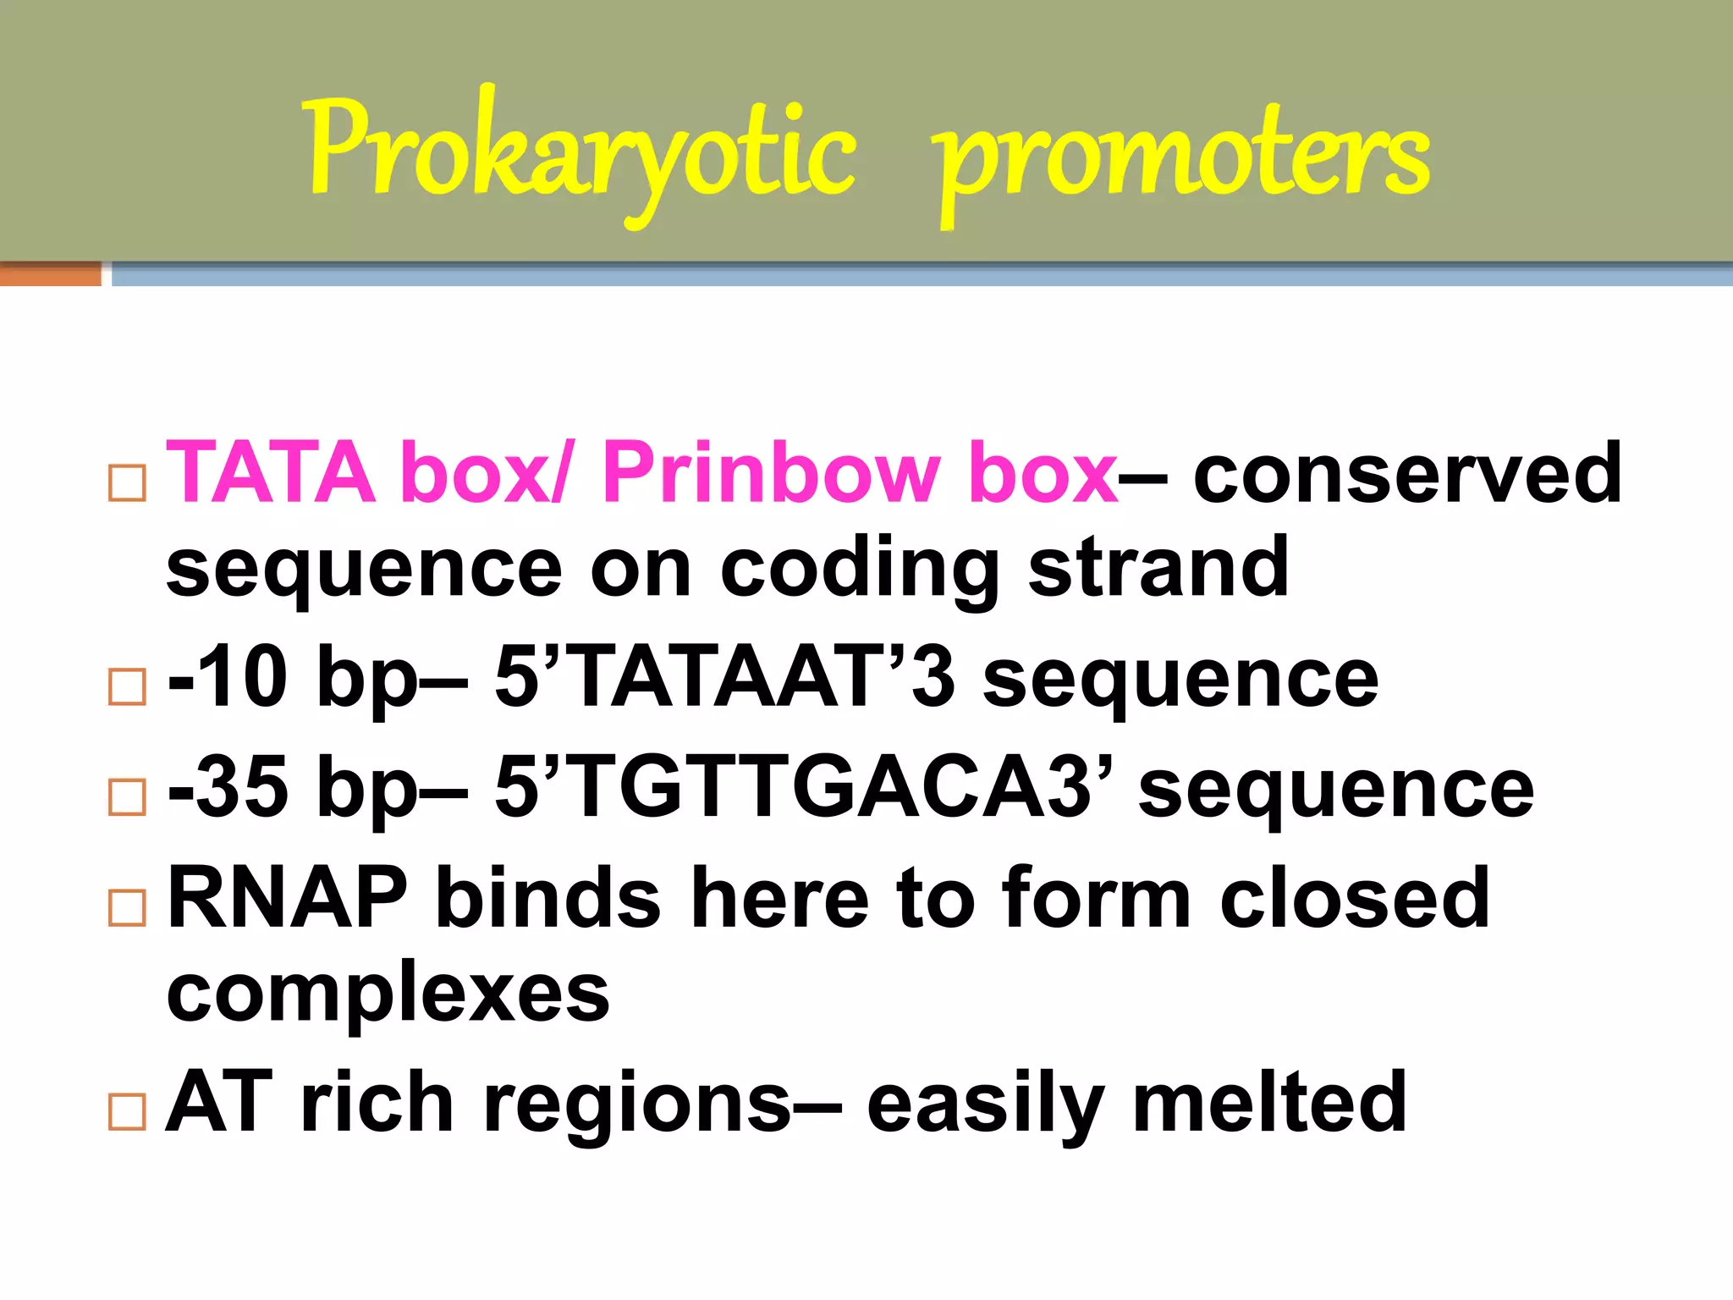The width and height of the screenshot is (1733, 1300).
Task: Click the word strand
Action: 1158,567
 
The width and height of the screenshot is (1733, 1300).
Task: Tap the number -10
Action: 227,677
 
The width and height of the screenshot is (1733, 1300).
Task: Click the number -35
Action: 227,788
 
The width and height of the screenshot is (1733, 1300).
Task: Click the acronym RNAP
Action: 288,898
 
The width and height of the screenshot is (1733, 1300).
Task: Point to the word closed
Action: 1355,898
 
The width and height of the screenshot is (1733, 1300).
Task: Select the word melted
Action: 1269,1102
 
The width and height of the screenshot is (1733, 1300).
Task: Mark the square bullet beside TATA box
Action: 128,483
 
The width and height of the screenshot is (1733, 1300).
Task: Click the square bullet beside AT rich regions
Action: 128,1111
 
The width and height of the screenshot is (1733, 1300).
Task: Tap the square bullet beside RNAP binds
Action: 128,908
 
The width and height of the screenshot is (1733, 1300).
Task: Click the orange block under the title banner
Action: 50,274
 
